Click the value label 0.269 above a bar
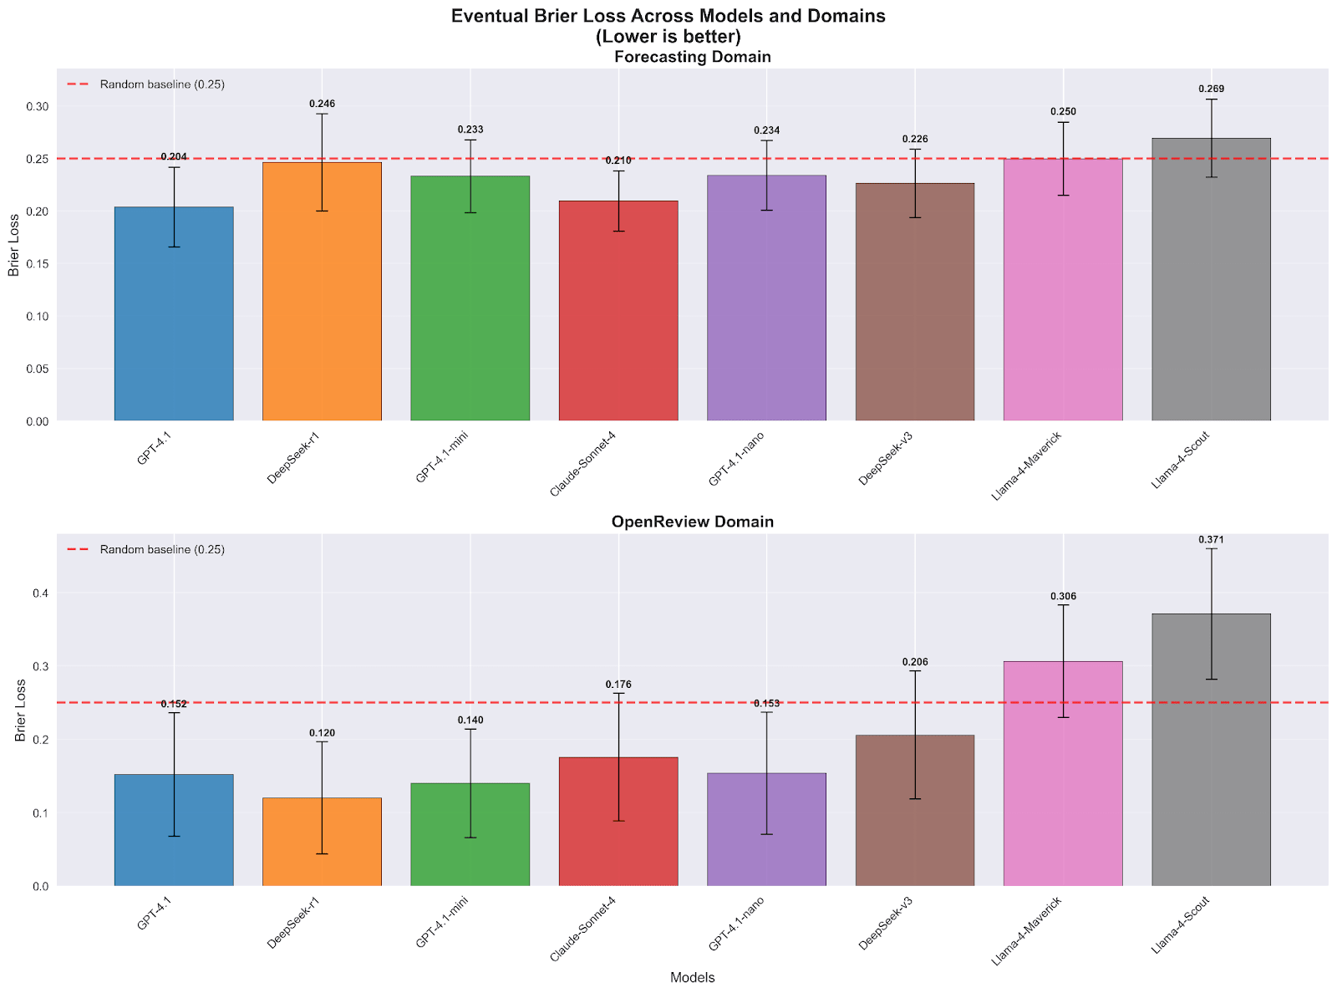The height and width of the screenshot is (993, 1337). pyautogui.click(x=1211, y=89)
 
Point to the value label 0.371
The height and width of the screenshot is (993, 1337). pyautogui.click(x=1211, y=540)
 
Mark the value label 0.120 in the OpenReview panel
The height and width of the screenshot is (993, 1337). pyautogui.click(x=322, y=733)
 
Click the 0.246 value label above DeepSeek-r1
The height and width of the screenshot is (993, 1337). pyautogui.click(x=322, y=104)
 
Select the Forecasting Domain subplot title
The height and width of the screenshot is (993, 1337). pyautogui.click(x=692, y=57)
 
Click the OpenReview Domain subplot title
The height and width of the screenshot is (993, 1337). pyautogui.click(x=692, y=522)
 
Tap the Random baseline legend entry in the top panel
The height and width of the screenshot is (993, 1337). pyautogui.click(x=146, y=84)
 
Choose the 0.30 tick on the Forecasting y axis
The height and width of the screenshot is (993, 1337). pyautogui.click(x=38, y=107)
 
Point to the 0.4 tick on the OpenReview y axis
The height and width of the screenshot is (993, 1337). pyautogui.click(x=40, y=593)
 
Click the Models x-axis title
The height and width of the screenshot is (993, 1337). pyautogui.click(x=692, y=977)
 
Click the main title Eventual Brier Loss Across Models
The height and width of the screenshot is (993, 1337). pyautogui.click(x=668, y=16)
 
